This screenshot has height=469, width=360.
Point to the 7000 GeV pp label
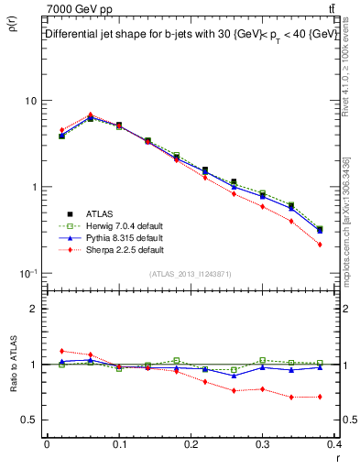[78, 8]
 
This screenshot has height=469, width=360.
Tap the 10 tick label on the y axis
[30, 101]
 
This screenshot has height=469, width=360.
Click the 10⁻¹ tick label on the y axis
[27, 273]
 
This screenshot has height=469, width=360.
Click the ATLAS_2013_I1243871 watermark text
[191, 275]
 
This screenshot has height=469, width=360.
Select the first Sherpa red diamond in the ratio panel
[61, 351]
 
